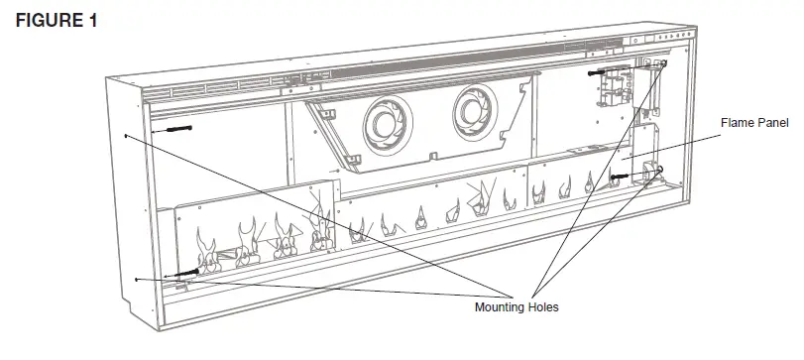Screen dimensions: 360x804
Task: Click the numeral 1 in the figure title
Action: pyautogui.click(x=91, y=22)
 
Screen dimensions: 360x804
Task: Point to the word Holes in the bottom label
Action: pyautogui.click(x=543, y=307)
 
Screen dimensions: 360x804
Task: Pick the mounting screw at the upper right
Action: pyautogui.click(x=601, y=72)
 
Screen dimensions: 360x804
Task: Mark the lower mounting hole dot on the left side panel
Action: pyautogui.click(x=134, y=280)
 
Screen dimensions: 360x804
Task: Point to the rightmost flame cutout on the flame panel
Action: pyautogui.click(x=592, y=182)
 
